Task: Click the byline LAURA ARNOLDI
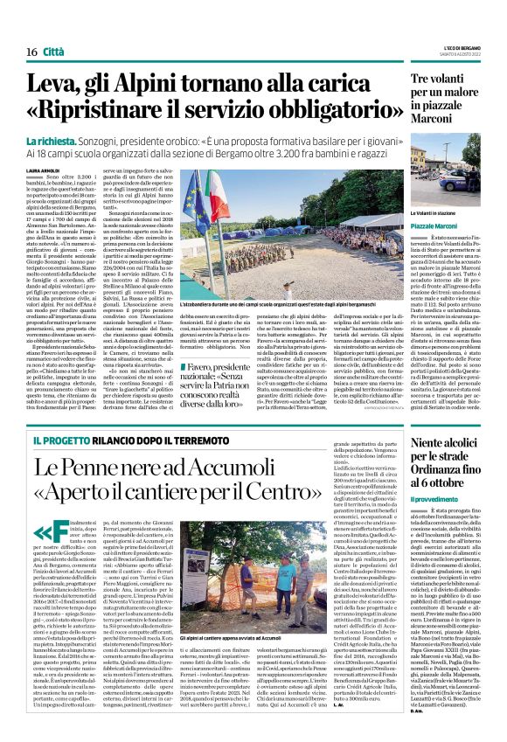coord(44,170)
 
